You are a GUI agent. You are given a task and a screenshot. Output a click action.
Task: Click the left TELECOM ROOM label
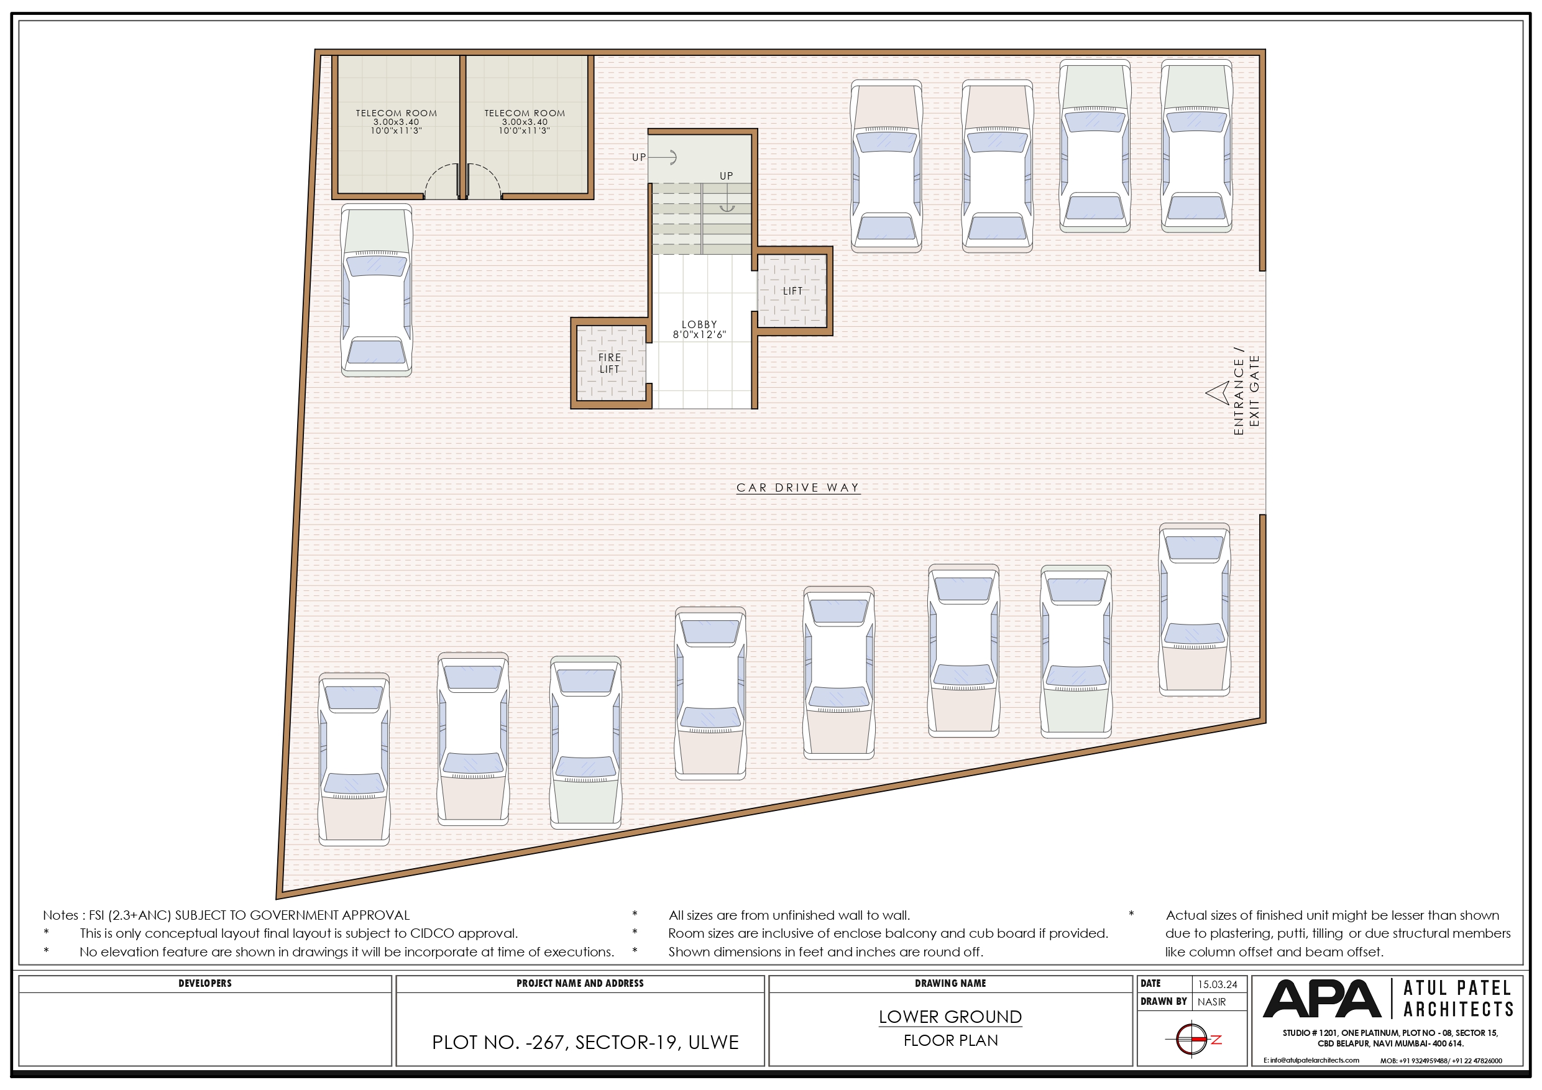pyautogui.click(x=397, y=114)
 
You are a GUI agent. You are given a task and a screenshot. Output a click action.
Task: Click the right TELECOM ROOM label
pyautogui.click(x=525, y=114)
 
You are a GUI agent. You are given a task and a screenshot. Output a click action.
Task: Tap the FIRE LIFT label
pyautogui.click(x=609, y=364)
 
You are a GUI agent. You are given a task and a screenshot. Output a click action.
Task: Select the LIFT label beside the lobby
pyautogui.click(x=792, y=291)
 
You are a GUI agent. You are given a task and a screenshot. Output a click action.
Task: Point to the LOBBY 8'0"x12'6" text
pyautogui.click(x=699, y=329)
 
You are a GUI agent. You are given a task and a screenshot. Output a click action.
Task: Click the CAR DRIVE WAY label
pyautogui.click(x=798, y=488)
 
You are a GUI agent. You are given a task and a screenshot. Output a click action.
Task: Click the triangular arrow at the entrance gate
pyautogui.click(x=1219, y=393)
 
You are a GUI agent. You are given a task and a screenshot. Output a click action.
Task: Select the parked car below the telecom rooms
pyautogui.click(x=376, y=290)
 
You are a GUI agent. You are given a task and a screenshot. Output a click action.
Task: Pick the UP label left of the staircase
pyautogui.click(x=639, y=157)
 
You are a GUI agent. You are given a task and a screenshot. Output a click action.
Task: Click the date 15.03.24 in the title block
pyautogui.click(x=1218, y=984)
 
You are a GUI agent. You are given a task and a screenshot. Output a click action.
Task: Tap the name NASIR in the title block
pyautogui.click(x=1211, y=1002)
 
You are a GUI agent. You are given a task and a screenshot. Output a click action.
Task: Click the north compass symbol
pyautogui.click(x=1192, y=1040)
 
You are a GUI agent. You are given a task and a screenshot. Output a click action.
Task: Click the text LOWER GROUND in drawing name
pyautogui.click(x=950, y=1017)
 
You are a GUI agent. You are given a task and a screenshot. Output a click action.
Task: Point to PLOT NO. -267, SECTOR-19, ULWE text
pyautogui.click(x=585, y=1042)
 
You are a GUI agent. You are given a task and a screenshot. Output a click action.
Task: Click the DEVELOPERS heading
pyautogui.click(x=205, y=983)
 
